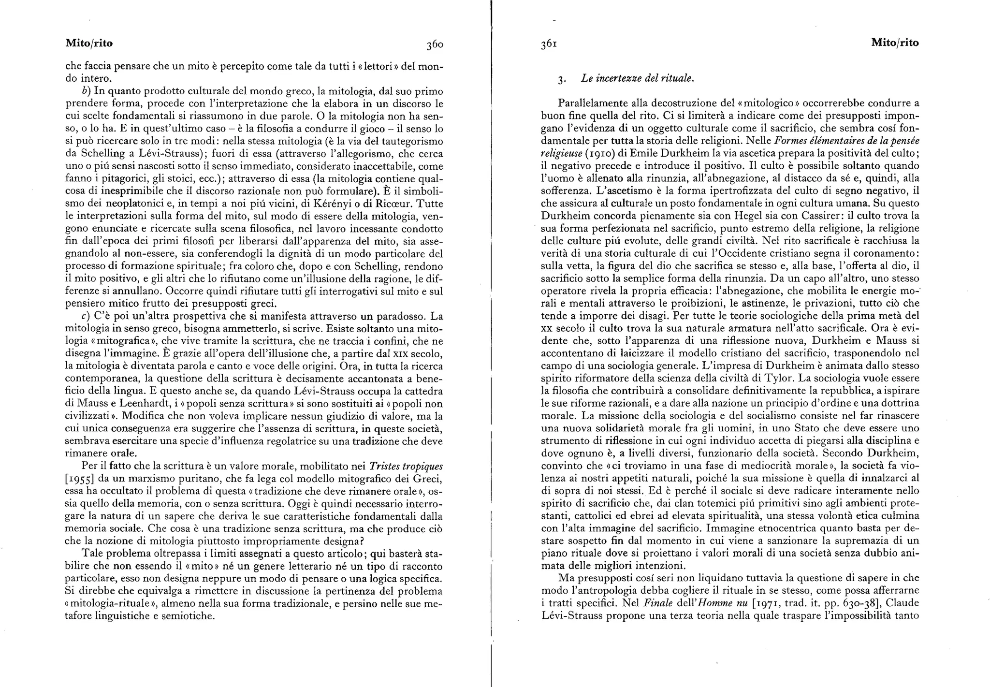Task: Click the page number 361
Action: point(549,44)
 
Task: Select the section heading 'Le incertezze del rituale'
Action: point(638,78)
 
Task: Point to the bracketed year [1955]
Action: point(80,479)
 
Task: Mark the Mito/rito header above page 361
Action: point(894,43)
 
